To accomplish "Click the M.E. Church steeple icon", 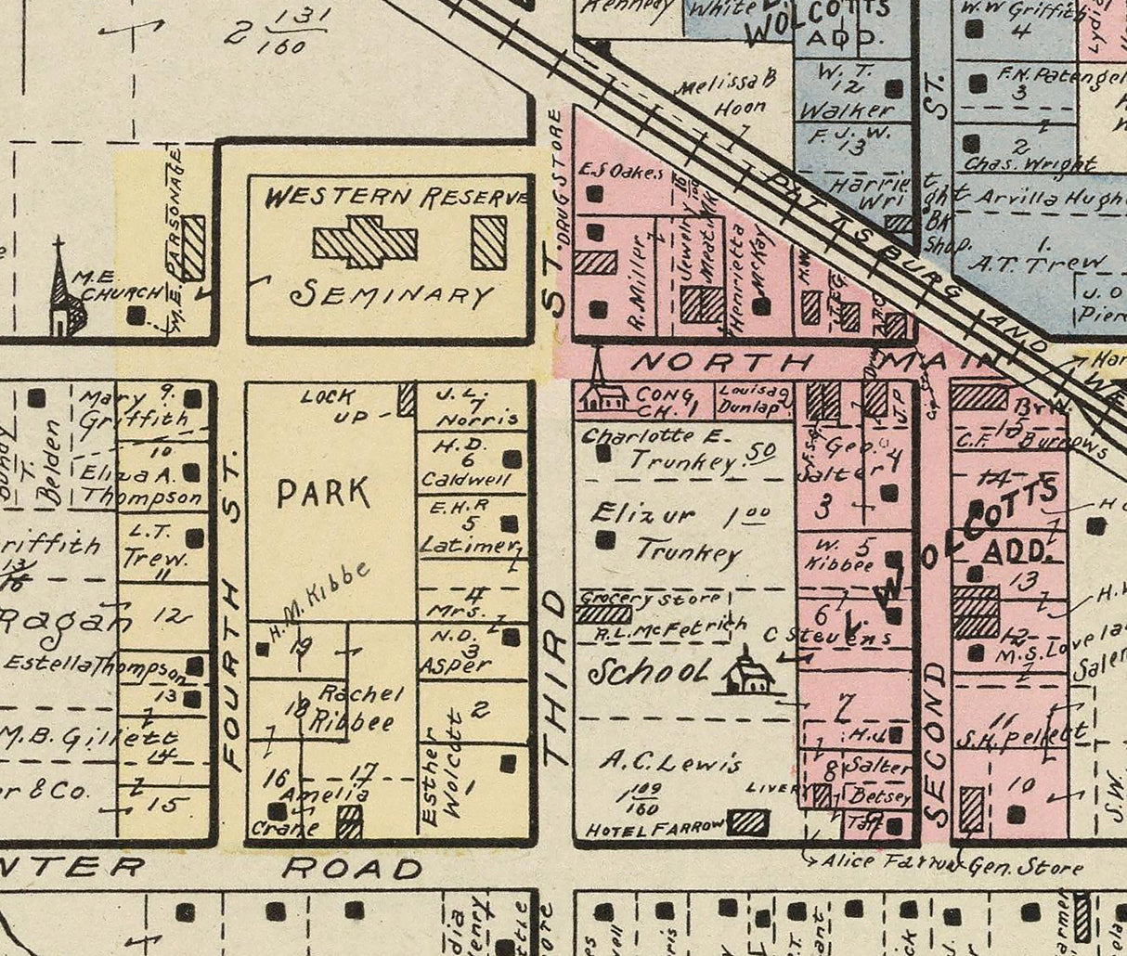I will click(60, 288).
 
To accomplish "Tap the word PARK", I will click(322, 492).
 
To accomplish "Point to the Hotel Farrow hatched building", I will click(749, 822).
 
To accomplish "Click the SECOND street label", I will click(937, 743).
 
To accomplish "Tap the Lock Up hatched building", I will click(405, 399).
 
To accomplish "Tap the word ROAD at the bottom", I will click(352, 869).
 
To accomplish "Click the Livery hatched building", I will click(822, 795).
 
